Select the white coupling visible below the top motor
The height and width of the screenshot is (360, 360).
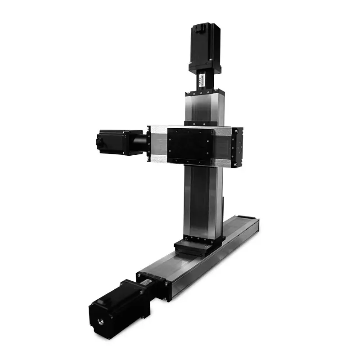[x=202, y=81]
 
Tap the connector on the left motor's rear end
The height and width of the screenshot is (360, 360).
[x=99, y=142]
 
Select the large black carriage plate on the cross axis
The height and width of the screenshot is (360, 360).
[x=189, y=145]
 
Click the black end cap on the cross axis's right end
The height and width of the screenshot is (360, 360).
[x=237, y=147]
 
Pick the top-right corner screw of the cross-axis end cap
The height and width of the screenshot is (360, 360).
[x=241, y=130]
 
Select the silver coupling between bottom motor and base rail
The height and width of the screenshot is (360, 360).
[x=146, y=283]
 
